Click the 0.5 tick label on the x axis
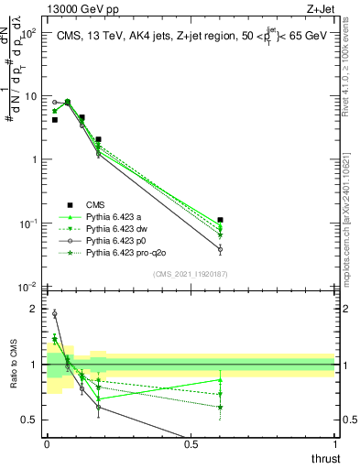[x=191, y=443]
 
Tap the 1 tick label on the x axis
[x=335, y=443]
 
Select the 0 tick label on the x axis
[x=47, y=443]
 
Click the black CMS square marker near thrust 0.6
[x=220, y=220]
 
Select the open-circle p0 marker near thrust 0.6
[x=220, y=248]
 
